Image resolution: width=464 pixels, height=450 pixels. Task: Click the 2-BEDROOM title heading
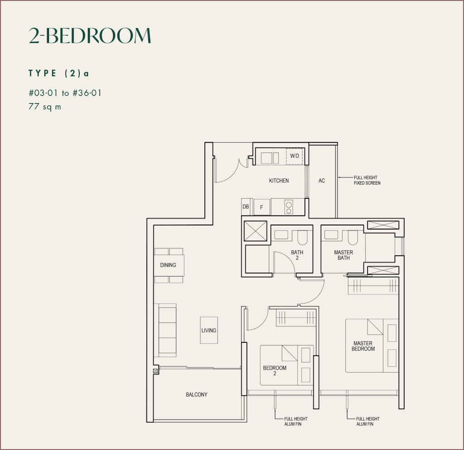pos(89,36)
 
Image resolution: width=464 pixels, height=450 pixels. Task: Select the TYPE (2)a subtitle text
pos(59,73)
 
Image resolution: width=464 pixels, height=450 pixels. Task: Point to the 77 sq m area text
pos(44,107)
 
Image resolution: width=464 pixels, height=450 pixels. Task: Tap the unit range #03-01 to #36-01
pos(64,93)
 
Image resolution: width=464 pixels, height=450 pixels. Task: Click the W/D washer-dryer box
pos(295,156)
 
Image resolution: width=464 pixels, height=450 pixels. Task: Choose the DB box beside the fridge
pos(246,207)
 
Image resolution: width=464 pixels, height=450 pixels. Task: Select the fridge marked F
pos(261,207)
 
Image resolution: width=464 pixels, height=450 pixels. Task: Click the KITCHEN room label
pos(279,181)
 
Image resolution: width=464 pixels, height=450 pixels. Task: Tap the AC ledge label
pos(322,181)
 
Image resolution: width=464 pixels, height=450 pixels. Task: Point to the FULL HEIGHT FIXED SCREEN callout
pos(367,180)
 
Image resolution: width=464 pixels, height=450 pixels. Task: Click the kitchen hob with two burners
pos(288,207)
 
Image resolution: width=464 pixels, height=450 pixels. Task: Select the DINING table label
pos(168,265)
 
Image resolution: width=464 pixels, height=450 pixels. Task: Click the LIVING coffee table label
pos(209,330)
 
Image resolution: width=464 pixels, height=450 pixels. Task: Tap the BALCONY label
pos(197,395)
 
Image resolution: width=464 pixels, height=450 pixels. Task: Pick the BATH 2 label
pos(297,255)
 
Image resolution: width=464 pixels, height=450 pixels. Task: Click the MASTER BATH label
pos(343,255)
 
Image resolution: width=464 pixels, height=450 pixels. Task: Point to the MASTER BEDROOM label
pos(364,346)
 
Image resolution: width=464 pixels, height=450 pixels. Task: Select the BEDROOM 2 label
pos(275,371)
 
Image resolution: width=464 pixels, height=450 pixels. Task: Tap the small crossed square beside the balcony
pos(156,371)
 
